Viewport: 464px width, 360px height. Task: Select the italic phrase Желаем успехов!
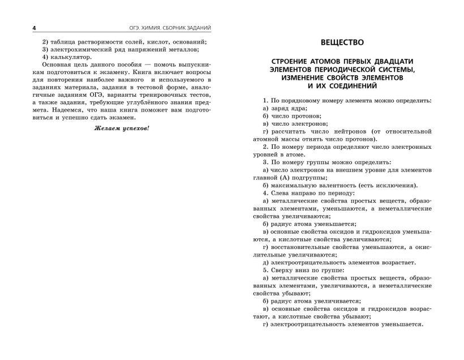(121, 128)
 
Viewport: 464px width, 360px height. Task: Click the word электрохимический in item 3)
(80, 49)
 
